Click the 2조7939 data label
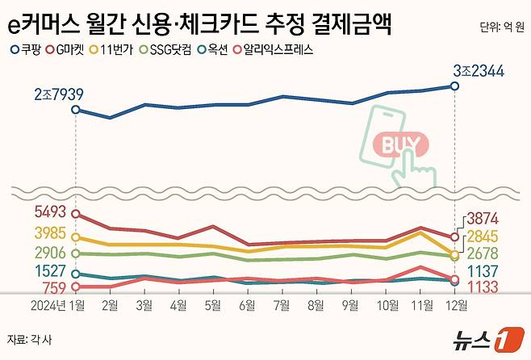pos(59,95)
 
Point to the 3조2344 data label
pos(479,72)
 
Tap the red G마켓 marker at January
pos(76,214)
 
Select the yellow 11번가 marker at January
pos(76,237)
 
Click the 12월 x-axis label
pos(455,305)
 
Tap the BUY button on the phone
pos(400,145)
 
